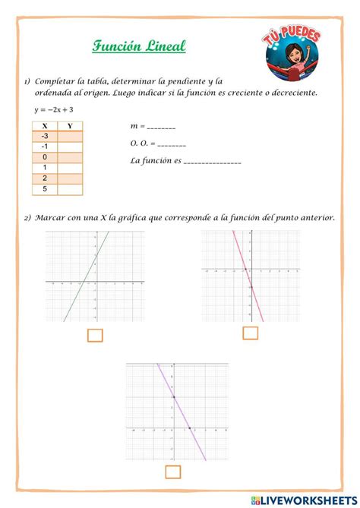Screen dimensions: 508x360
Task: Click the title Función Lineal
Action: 139,47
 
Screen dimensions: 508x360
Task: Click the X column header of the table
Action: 45,125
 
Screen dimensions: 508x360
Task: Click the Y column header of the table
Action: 71,125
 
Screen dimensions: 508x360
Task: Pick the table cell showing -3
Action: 45,136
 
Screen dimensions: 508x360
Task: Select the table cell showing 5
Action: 45,189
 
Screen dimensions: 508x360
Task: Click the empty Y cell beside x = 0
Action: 71,157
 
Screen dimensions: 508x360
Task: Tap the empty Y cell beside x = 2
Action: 71,178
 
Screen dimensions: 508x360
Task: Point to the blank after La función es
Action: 212,161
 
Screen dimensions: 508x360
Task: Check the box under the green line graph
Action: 95,335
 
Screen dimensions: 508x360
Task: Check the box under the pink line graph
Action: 250,333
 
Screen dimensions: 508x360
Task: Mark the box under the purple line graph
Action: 173,472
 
